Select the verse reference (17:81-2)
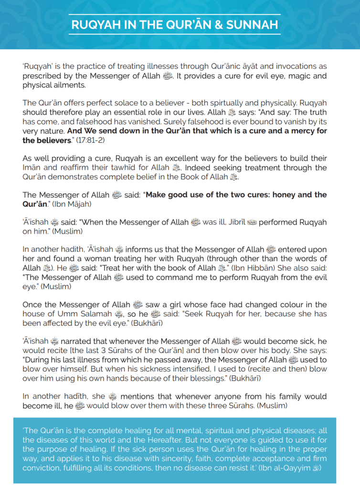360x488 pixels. tap(92, 141)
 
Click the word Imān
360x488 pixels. tap(33, 168)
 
